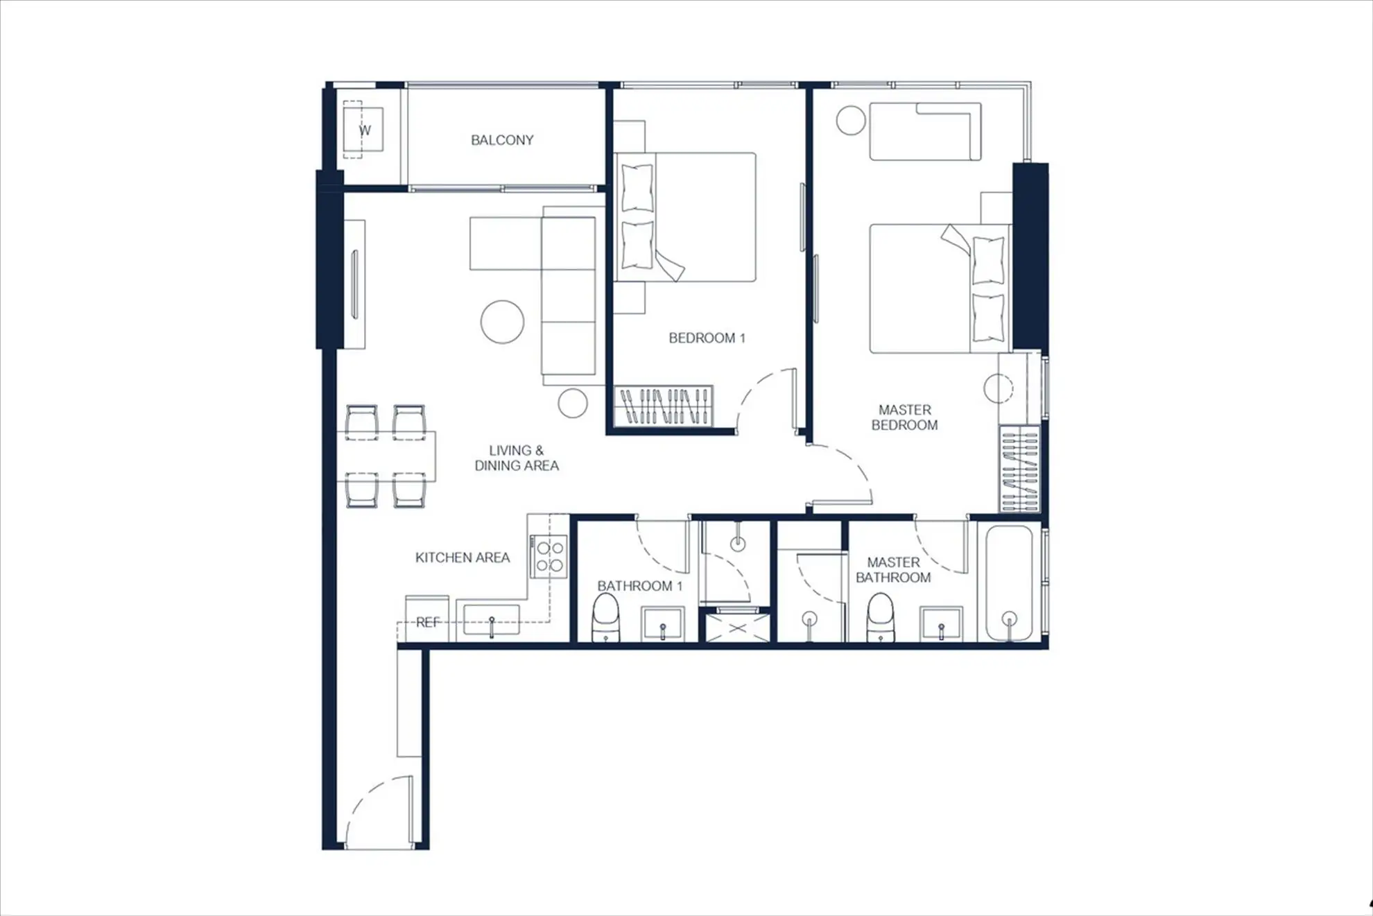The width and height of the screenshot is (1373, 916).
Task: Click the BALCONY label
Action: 502,140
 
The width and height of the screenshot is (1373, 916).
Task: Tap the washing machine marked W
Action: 363,130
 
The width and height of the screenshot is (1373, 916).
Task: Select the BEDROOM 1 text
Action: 707,338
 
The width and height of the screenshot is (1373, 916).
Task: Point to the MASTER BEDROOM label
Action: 904,417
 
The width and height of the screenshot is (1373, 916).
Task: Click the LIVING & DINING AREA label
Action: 517,458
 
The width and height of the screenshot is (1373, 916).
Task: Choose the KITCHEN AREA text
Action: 463,558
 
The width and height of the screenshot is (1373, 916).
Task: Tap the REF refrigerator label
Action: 428,622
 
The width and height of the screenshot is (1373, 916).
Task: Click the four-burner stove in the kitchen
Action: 549,556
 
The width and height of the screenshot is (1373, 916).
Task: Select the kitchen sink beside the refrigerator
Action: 491,619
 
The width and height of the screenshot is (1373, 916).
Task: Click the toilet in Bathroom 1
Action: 605,617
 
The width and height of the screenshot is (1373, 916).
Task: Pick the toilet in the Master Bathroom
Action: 881,617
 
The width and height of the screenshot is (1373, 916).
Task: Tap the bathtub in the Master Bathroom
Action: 1010,582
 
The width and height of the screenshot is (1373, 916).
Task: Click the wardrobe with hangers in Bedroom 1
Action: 664,406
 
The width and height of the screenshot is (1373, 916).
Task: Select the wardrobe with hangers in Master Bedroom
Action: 1020,469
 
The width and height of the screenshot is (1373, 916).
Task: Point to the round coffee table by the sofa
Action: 502,322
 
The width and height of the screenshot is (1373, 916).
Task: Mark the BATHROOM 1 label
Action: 640,586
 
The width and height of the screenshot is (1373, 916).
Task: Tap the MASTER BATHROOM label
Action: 893,570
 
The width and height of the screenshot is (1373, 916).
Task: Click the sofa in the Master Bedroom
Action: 925,132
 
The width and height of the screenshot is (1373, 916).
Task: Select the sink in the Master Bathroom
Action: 941,623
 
